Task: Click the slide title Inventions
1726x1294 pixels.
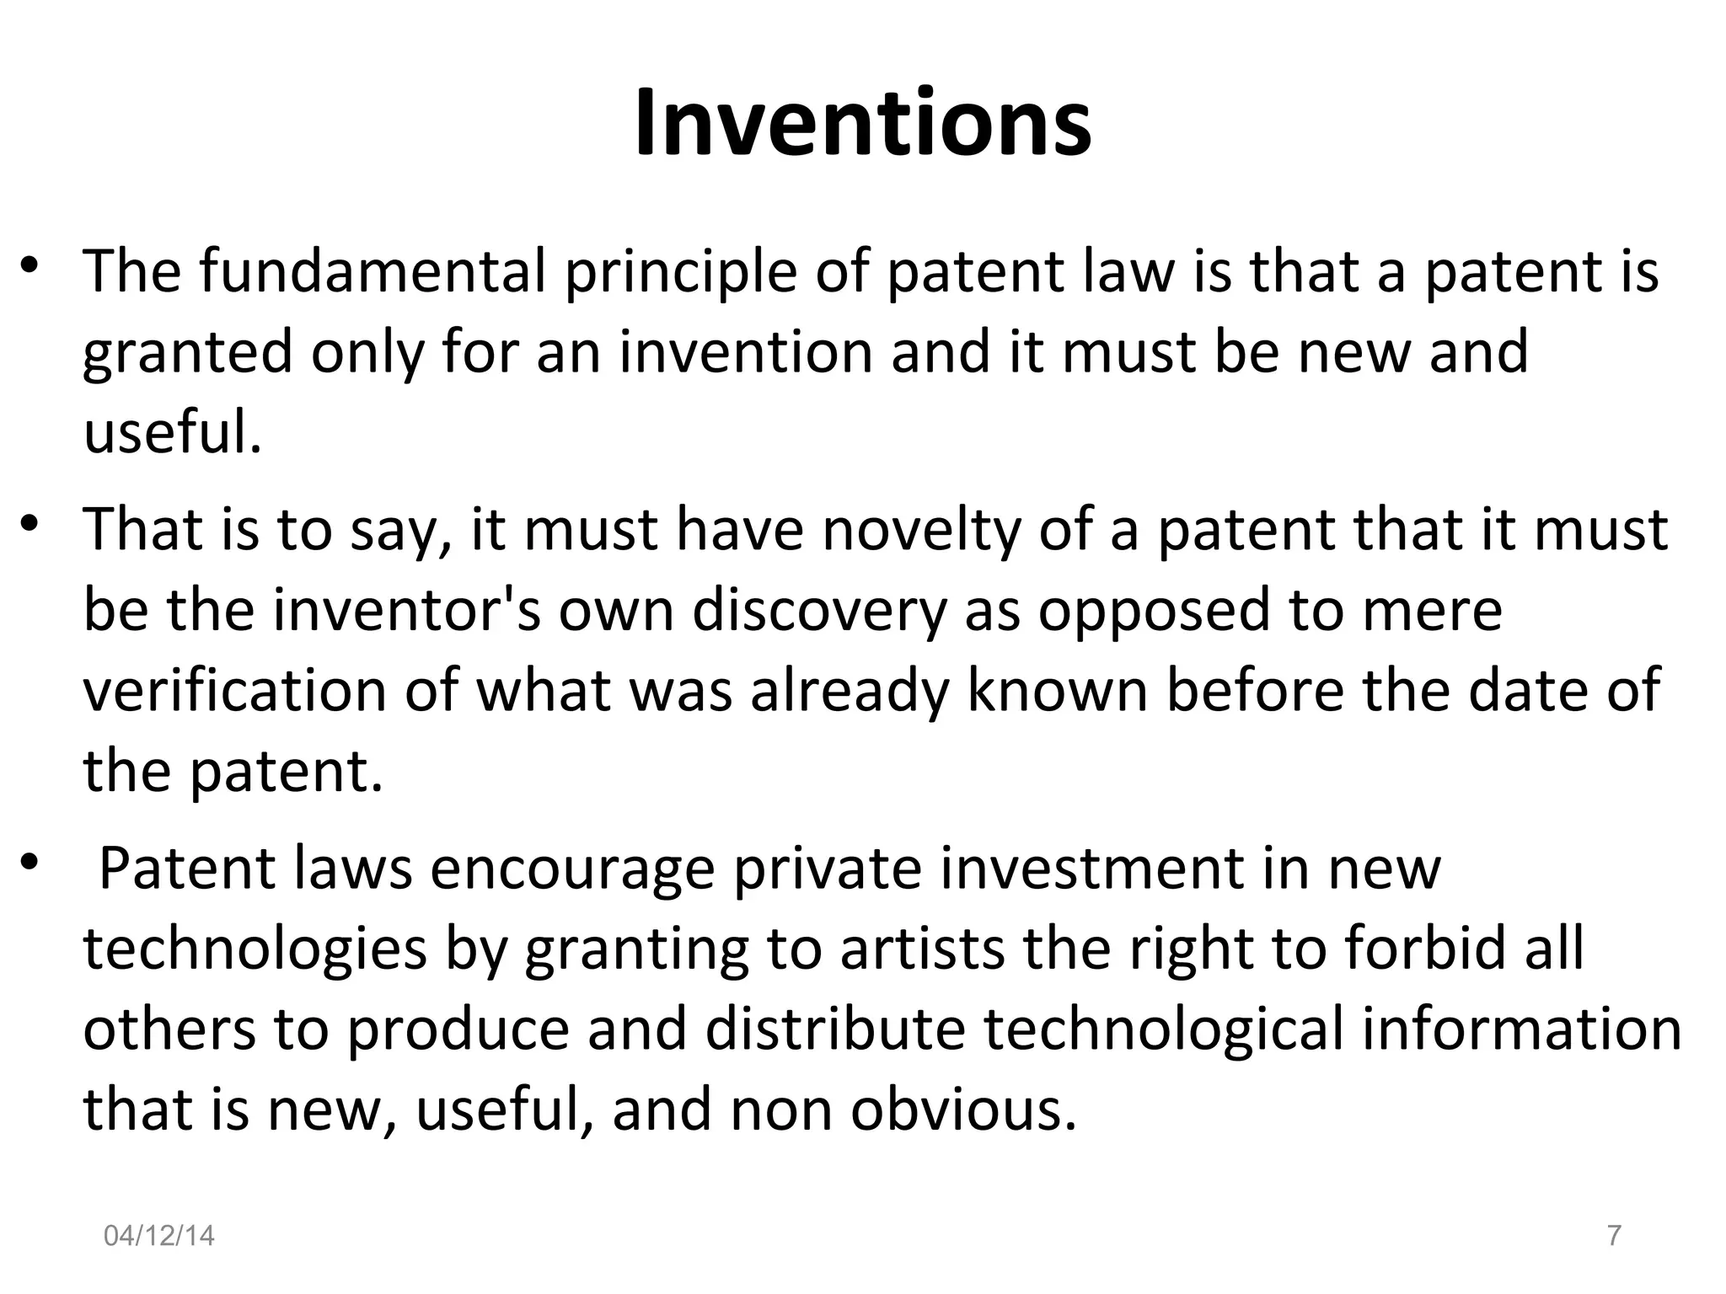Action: click(x=862, y=124)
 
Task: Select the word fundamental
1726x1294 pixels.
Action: click(x=373, y=271)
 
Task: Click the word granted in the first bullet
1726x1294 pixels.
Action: click(x=187, y=352)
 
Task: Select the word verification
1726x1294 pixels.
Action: click(x=234, y=690)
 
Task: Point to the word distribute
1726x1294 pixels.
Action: click(x=835, y=1029)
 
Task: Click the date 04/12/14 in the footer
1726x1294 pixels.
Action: click(x=158, y=1236)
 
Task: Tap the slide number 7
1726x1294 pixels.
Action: click(x=1614, y=1235)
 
